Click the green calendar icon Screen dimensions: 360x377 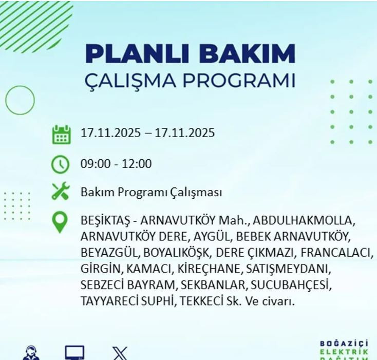61,134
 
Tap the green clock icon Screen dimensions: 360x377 61,164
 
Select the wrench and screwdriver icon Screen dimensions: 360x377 61,192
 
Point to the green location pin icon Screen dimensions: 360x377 61,222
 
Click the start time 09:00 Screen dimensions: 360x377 95,164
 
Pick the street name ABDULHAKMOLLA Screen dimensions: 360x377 304,221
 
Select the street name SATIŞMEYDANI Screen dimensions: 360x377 289,269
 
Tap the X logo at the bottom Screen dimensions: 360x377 120,353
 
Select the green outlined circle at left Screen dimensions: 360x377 20,99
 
